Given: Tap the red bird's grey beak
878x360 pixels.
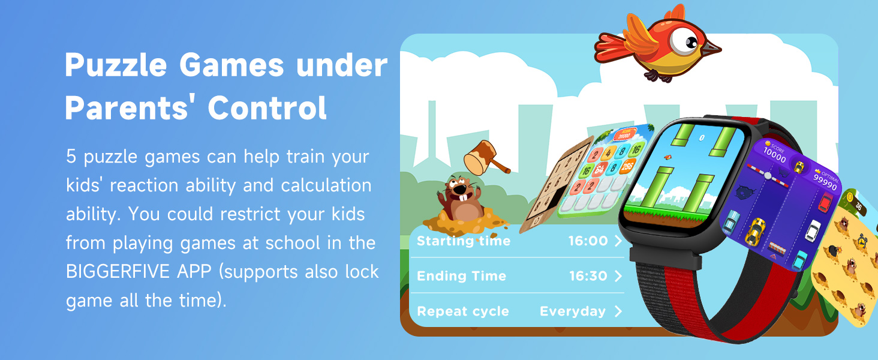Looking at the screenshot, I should [712, 48].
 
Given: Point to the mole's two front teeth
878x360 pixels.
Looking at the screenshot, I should [461, 194].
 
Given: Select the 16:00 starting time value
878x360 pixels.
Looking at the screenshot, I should [588, 241].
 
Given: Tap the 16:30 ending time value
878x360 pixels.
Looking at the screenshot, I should [588, 276].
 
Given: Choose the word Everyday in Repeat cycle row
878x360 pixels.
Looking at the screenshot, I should [573, 311].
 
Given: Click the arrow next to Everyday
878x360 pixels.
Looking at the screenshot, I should [618, 311].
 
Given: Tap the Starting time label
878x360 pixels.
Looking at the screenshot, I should [464, 241].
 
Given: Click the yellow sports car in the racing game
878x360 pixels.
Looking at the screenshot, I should [755, 230].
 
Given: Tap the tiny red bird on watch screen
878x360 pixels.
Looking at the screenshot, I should [666, 157].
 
